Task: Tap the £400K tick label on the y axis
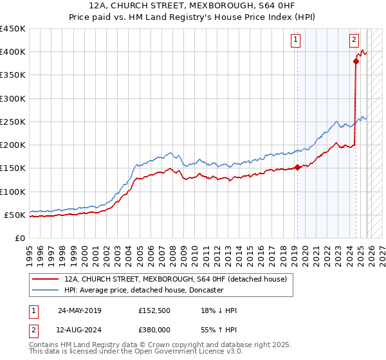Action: [x=12, y=52]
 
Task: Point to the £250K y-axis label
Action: [x=12, y=122]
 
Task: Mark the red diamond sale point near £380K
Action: [x=356, y=62]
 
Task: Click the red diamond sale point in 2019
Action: [x=297, y=167]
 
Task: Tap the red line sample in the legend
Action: [x=45, y=279]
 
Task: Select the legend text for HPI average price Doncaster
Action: [x=143, y=290]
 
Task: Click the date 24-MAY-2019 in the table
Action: [x=79, y=310]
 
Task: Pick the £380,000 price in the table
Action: [x=154, y=328]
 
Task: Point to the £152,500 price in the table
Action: [x=154, y=310]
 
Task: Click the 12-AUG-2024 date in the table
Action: [x=79, y=328]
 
